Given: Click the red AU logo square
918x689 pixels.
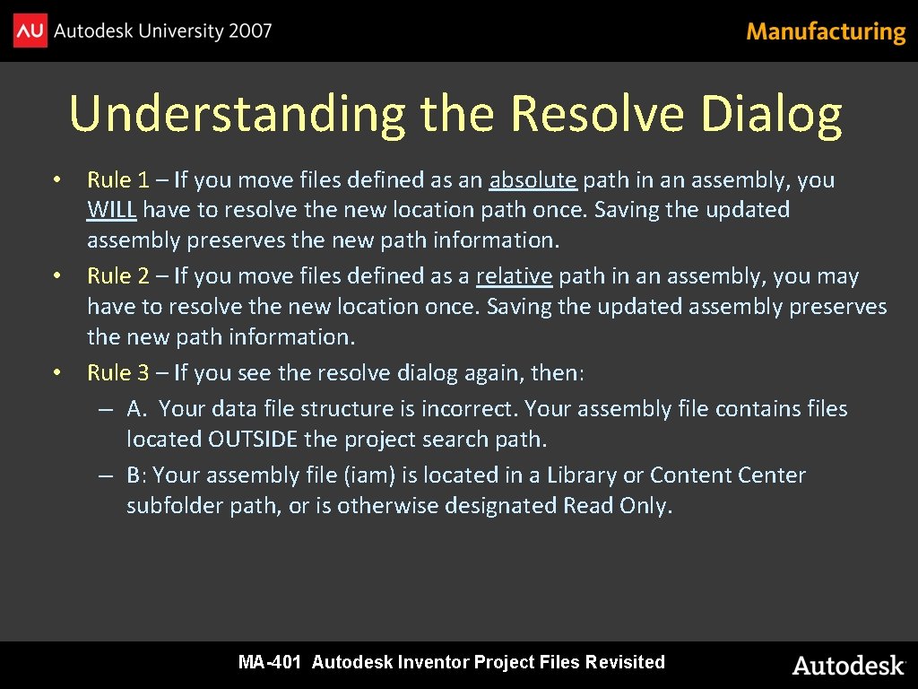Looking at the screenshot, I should click(x=30, y=31).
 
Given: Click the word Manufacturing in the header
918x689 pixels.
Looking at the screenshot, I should click(x=826, y=32).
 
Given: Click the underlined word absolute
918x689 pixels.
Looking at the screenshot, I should click(x=533, y=180).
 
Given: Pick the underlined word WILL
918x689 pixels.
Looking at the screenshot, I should click(x=111, y=210).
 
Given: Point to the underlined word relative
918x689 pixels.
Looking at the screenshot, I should click(x=514, y=276).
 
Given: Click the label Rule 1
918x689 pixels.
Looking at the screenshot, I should click(x=118, y=180).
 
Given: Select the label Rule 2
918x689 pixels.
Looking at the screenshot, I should click(x=118, y=276).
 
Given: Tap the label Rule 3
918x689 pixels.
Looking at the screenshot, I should click(x=118, y=372).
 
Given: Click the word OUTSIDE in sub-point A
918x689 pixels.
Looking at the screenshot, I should click(x=253, y=440).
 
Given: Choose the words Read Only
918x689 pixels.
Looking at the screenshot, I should click(x=616, y=506).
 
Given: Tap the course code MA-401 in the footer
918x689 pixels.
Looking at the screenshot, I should click(x=272, y=663).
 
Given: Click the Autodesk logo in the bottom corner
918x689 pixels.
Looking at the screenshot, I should click(x=848, y=665).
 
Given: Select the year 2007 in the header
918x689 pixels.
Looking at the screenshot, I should click(x=249, y=31).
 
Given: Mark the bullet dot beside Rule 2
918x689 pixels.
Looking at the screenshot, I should click(x=56, y=275).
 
